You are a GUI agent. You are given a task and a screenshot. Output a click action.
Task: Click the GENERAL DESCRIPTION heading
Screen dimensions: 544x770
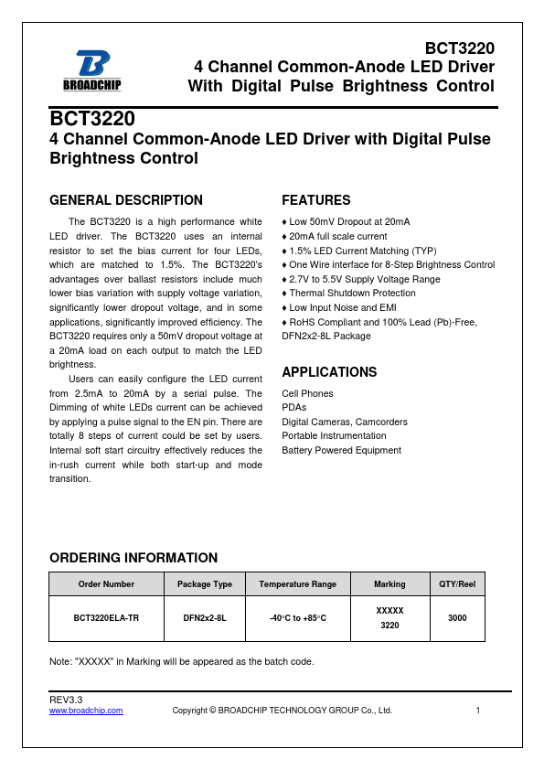click(125, 200)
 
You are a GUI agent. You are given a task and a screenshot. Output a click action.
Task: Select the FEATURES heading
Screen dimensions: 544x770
click(315, 200)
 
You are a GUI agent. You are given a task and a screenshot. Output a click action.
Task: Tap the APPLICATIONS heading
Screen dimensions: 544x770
click(329, 372)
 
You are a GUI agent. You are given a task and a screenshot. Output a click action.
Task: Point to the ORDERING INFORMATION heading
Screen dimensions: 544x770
click(133, 558)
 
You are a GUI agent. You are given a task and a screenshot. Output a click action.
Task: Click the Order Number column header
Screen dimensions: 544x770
click(106, 583)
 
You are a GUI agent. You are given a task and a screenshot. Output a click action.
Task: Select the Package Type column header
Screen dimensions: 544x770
click(204, 583)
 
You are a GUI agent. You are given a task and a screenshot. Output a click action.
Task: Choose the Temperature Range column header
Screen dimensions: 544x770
click(297, 583)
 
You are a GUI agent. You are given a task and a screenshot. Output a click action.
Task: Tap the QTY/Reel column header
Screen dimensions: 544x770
click(456, 583)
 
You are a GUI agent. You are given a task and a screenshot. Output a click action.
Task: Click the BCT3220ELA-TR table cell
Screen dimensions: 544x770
click(106, 618)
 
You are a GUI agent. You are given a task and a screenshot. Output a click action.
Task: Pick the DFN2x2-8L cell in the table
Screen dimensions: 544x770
click(204, 618)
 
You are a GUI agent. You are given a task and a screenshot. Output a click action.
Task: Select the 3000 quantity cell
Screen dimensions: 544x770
click(456, 618)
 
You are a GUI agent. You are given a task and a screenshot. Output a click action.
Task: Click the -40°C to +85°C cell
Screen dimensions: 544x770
click(297, 618)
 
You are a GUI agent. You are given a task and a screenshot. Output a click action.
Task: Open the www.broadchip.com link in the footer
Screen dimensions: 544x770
click(85, 711)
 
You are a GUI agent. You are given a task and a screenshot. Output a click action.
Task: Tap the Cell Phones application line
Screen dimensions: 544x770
click(307, 393)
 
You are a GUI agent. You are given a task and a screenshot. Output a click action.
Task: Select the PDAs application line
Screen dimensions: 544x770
click(293, 408)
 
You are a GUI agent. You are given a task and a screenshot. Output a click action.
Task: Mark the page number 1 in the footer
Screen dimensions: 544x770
click(478, 711)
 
